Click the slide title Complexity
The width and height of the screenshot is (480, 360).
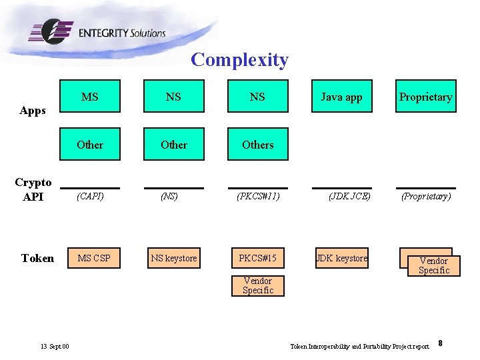239,60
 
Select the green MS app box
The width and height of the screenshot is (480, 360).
90,97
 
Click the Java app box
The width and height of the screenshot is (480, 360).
341,97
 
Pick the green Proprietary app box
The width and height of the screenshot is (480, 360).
425,97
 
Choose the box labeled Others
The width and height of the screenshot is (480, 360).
258,145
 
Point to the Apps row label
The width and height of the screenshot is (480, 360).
33,111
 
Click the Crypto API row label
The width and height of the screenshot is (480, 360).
33,189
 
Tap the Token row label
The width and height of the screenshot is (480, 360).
37,259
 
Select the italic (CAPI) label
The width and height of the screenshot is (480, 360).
90,197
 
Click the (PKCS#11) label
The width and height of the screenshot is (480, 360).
258,197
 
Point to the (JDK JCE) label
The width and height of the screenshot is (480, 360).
349,197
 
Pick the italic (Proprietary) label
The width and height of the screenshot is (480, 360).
425,197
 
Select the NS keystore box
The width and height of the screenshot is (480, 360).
174,258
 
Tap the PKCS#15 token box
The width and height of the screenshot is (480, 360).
258,258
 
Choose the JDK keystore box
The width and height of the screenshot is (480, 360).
341,258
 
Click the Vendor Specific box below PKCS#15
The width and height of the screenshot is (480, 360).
258,285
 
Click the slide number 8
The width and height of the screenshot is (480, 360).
441,343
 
